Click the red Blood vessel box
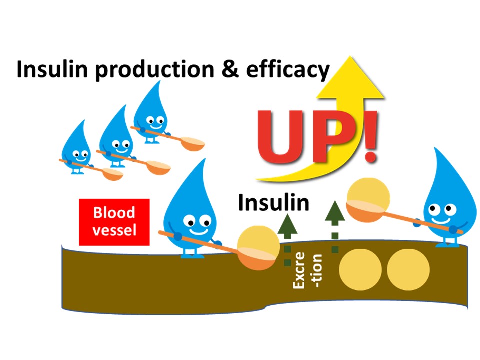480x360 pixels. (114, 222)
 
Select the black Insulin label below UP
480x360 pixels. (273, 203)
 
